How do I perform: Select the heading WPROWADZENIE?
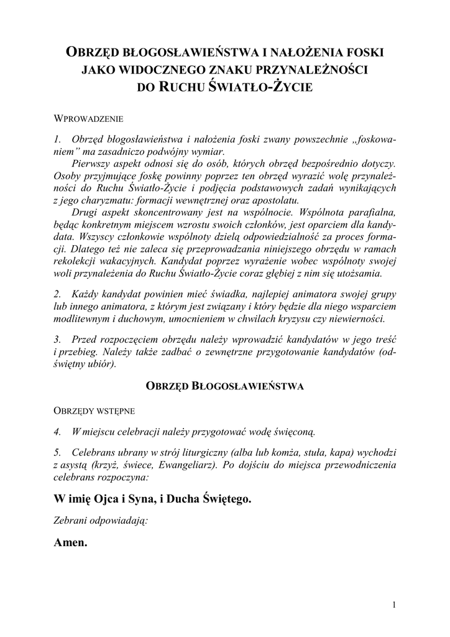coord(90,118)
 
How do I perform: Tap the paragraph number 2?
coord(57,293)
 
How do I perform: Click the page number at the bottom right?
coord(394,604)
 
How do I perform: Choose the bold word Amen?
coord(71,543)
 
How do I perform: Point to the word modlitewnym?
coord(81,318)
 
